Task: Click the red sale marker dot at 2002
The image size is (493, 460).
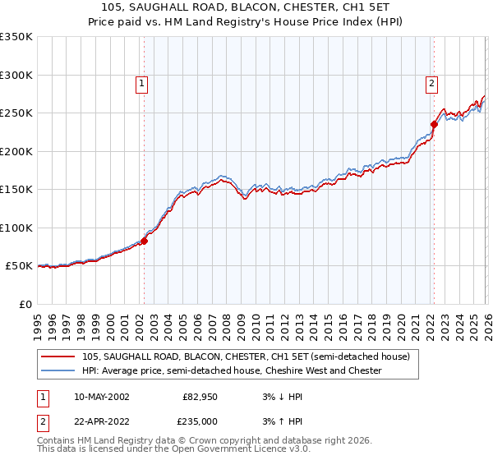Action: tap(144, 241)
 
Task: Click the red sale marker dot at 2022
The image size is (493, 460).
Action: tap(434, 125)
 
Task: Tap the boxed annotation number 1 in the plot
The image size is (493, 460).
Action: tap(142, 82)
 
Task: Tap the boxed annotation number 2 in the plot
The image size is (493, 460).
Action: tap(431, 82)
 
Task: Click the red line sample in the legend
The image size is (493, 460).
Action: tap(58, 356)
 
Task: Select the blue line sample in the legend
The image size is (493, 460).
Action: tap(58, 370)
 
